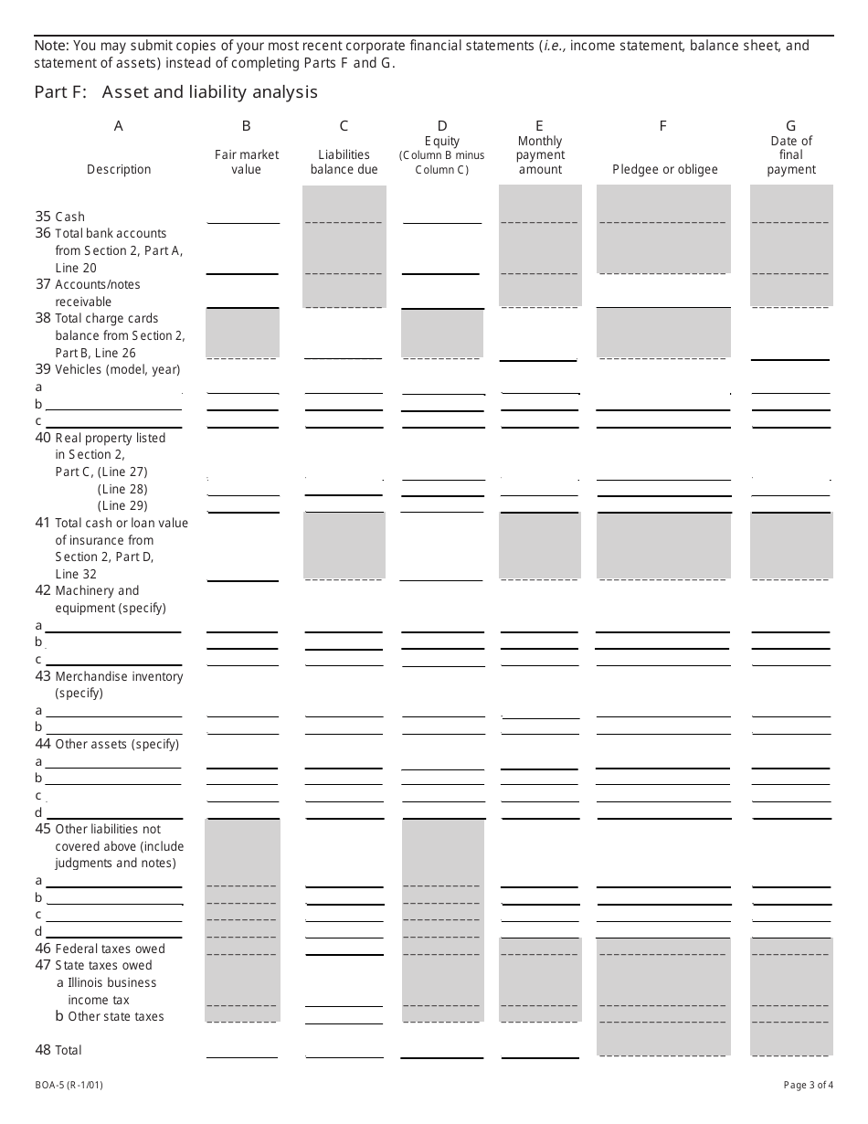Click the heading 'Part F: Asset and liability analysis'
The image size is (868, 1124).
click(x=176, y=92)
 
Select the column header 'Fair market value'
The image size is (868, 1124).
click(x=247, y=162)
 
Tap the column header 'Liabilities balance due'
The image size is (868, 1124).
click(x=344, y=162)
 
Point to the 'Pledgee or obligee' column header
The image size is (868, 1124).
click(x=664, y=169)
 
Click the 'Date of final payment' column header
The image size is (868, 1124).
click(x=791, y=154)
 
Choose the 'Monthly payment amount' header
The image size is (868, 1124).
click(x=540, y=154)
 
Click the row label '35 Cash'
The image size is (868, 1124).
click(x=60, y=217)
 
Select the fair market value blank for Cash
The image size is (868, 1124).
click(x=243, y=217)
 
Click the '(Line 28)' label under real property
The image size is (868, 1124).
click(x=122, y=489)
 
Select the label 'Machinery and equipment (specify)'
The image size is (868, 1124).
click(x=110, y=599)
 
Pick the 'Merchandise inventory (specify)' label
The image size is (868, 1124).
click(x=119, y=684)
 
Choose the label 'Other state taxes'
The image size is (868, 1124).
click(x=115, y=1016)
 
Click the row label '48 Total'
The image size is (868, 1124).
click(x=58, y=1050)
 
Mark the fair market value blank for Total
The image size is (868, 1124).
click(x=242, y=1052)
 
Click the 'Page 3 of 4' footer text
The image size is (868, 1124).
click(x=808, y=1086)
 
